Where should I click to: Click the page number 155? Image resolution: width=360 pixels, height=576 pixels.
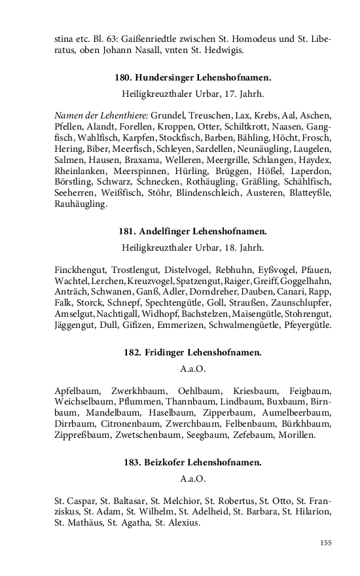tap(326, 543)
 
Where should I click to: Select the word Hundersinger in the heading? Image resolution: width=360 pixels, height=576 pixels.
tap(162, 77)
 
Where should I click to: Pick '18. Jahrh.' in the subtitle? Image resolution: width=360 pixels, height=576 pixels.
tap(242, 247)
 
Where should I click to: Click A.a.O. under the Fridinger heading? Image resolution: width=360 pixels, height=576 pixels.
tap(192, 368)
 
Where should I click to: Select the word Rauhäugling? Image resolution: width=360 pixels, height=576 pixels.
tap(80, 204)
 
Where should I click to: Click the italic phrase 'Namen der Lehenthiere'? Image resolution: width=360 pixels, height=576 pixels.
tap(101, 115)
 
